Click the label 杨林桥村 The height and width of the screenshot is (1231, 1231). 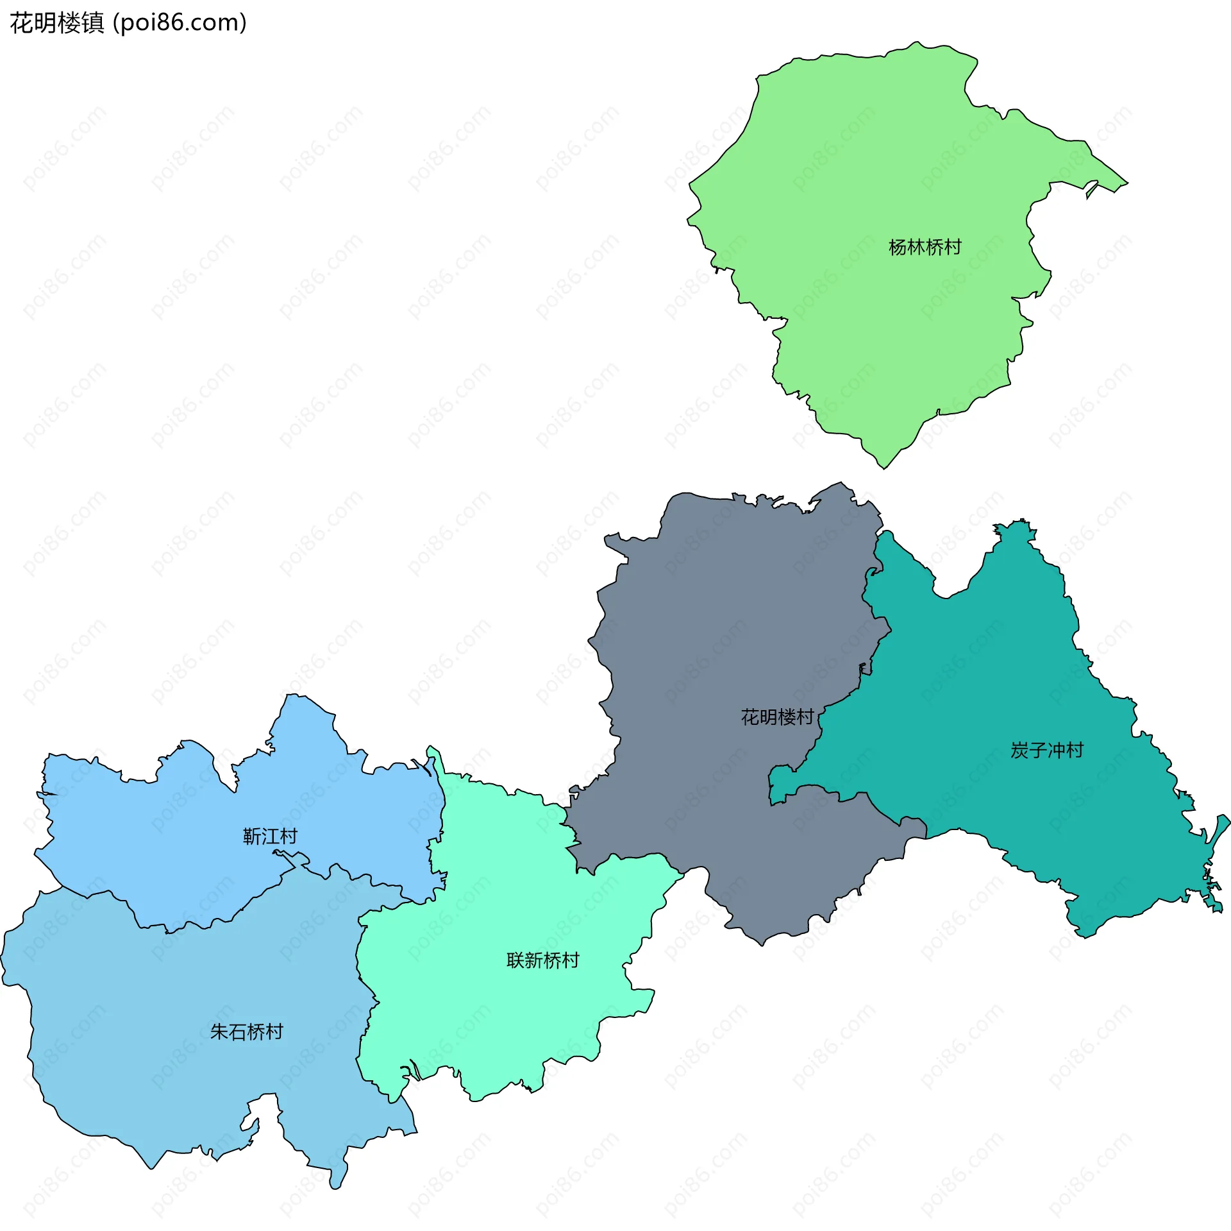925,247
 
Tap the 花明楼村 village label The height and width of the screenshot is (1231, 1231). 777,717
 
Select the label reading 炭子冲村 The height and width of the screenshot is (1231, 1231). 1046,750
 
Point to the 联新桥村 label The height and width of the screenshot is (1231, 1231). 542,960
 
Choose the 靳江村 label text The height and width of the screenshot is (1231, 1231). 270,836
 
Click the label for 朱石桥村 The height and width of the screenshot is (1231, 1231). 246,1031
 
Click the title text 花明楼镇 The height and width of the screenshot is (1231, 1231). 57,23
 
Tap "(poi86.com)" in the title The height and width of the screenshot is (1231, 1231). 180,23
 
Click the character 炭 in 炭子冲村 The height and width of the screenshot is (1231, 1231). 1019,750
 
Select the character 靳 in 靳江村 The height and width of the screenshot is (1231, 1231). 252,836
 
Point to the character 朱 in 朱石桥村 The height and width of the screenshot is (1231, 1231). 219,1031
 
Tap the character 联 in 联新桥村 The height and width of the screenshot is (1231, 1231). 515,960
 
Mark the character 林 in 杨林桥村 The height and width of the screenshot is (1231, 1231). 916,247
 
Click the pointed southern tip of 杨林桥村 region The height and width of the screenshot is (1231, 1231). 884,468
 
